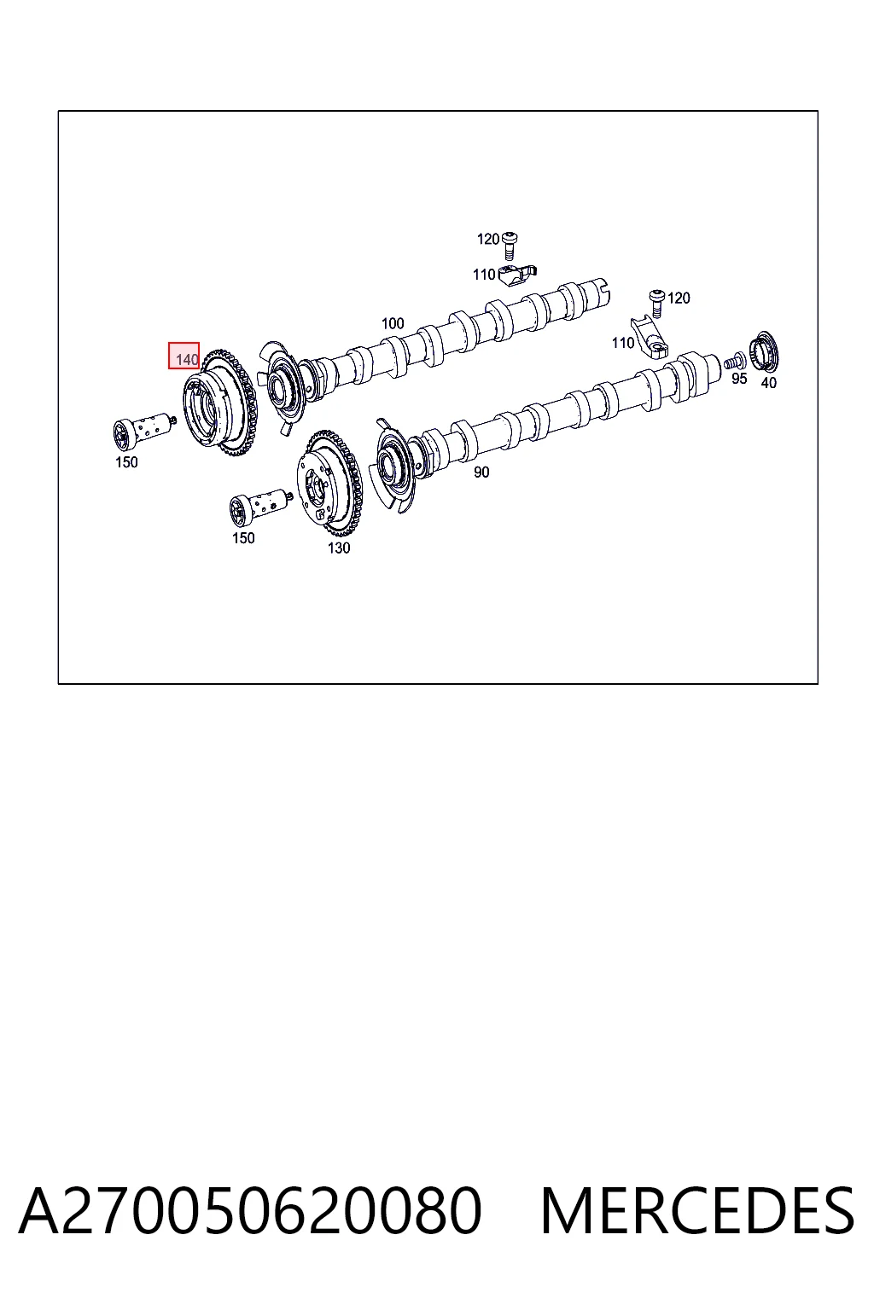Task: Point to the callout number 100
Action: click(x=393, y=323)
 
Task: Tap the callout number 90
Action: click(x=481, y=472)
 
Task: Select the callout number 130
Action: click(x=338, y=548)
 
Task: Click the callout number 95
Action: click(x=739, y=379)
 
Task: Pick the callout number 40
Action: click(x=768, y=382)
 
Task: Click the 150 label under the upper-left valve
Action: click(x=126, y=462)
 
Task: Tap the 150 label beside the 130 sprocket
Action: click(x=243, y=537)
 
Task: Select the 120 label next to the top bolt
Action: click(x=487, y=239)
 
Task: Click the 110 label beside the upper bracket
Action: click(x=484, y=275)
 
